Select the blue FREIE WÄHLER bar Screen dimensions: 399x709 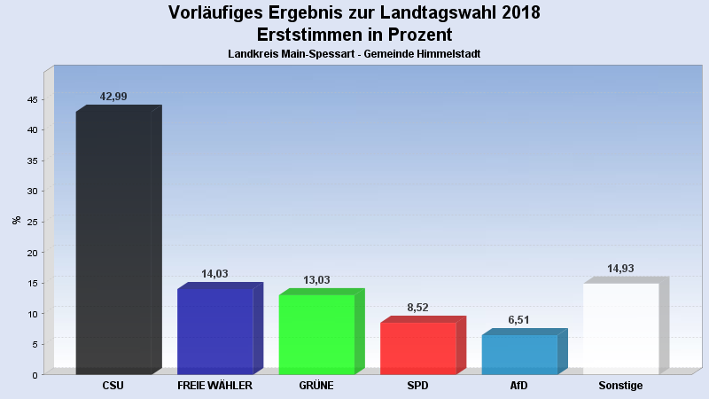215,332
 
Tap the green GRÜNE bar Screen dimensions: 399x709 316,334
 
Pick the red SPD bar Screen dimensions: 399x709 417,348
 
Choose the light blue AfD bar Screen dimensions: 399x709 519,355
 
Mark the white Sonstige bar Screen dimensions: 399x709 620,329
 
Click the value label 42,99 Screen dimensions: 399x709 113,96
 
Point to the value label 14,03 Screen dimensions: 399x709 215,274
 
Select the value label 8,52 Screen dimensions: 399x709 417,308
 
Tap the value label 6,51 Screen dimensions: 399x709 519,320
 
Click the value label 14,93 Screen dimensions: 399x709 620,269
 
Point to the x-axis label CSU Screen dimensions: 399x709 113,387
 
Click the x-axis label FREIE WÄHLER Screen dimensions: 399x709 215,387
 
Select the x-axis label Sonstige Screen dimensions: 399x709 620,387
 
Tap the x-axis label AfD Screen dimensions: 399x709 519,387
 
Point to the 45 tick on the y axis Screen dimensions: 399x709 31,99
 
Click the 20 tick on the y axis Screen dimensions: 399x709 31,253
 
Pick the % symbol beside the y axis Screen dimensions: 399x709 16,220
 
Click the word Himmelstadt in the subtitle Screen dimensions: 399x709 448,54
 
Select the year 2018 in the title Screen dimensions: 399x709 515,13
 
